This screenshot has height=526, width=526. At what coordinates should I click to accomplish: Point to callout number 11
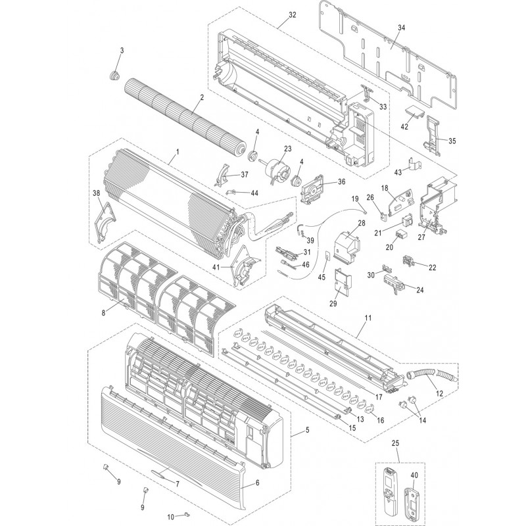click(x=367, y=318)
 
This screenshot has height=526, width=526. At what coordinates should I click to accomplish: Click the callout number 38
click(x=97, y=193)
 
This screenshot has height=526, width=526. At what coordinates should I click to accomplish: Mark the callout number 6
click(x=257, y=482)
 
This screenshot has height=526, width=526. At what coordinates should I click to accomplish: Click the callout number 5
click(x=306, y=431)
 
